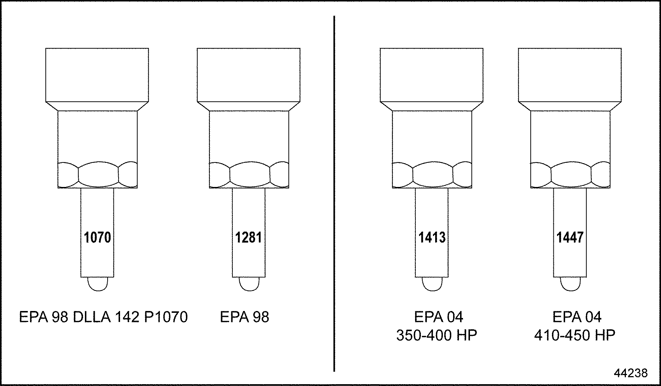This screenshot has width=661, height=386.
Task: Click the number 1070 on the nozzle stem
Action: click(97, 237)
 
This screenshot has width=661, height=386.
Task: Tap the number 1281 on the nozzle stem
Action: click(249, 237)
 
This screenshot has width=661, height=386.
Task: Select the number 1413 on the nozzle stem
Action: click(432, 237)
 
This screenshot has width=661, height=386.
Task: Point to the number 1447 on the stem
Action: click(570, 237)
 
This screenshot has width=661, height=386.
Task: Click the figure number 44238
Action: click(631, 373)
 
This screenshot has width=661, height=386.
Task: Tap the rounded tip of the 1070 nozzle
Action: click(98, 284)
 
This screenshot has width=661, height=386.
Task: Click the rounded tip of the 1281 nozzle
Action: click(249, 284)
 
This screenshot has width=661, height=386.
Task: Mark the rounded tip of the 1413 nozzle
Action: click(432, 284)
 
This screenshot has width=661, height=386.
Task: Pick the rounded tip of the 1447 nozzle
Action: click(571, 284)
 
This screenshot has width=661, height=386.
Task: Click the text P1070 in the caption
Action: click(166, 317)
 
